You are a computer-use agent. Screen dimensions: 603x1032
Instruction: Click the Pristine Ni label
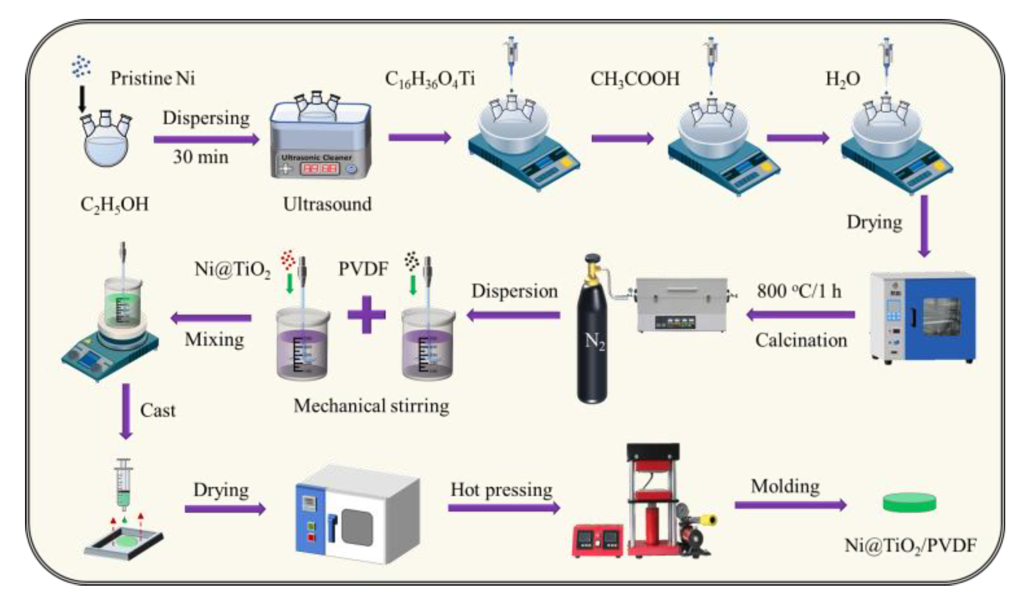(152, 79)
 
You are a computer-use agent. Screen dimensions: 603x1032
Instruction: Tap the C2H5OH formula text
(114, 204)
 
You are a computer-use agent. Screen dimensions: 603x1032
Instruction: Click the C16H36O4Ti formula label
(429, 79)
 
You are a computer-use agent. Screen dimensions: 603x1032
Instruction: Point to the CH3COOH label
(634, 79)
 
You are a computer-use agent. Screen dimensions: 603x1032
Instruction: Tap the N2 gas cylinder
(592, 332)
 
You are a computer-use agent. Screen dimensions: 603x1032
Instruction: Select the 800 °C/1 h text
(799, 291)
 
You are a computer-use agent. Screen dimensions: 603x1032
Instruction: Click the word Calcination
(801, 340)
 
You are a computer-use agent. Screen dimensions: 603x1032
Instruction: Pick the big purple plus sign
(366, 315)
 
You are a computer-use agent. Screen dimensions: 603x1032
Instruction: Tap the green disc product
(909, 502)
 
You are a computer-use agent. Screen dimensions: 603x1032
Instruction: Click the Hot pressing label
(501, 489)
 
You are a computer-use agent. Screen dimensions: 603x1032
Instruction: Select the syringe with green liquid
(124, 483)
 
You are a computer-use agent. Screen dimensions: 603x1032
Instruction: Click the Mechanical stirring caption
(371, 406)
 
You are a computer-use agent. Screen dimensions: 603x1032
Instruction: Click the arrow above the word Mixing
(211, 318)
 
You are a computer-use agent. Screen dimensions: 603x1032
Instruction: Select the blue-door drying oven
(924, 317)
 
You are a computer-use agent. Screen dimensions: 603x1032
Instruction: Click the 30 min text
(201, 157)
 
